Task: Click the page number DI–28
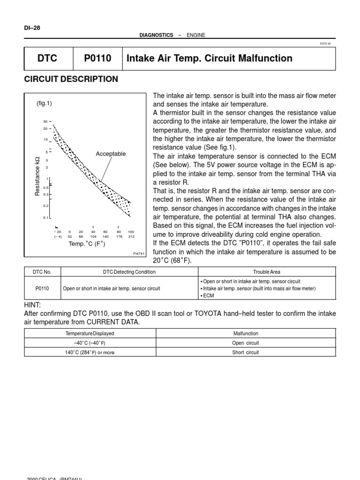click(32, 28)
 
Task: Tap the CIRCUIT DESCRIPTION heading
click(71, 79)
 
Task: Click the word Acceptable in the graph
click(111, 154)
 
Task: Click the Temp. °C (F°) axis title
click(87, 244)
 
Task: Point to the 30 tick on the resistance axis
click(46, 121)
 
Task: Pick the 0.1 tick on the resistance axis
click(46, 218)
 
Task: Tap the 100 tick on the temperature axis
click(131, 232)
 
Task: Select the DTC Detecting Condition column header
click(129, 272)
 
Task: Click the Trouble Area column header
click(267, 272)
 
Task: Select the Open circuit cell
click(246, 343)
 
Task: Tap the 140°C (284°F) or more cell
click(90, 352)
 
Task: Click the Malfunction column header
click(246, 333)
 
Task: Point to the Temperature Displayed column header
click(90, 333)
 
